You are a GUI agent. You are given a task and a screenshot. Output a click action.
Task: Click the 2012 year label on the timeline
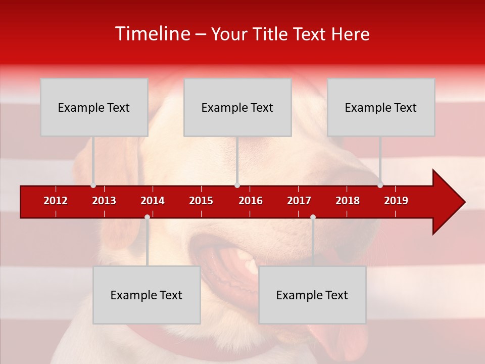pyautogui.click(x=56, y=201)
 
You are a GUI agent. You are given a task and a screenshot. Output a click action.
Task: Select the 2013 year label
pyautogui.click(x=104, y=201)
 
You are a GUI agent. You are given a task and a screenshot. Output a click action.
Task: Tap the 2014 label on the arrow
pyautogui.click(x=153, y=201)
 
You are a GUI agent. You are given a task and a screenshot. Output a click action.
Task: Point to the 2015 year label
pyautogui.click(x=201, y=201)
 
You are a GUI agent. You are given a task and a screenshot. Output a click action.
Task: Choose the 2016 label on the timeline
pyautogui.click(x=251, y=201)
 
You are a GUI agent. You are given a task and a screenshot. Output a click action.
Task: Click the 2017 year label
pyautogui.click(x=299, y=201)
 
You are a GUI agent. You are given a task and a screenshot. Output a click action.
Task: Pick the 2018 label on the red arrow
pyautogui.click(x=348, y=201)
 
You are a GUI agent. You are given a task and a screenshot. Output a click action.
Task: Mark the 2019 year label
pyautogui.click(x=396, y=201)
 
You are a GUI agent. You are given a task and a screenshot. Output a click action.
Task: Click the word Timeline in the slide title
pyautogui.click(x=152, y=34)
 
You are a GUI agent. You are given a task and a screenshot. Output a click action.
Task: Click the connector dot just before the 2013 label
pyautogui.click(x=93, y=185)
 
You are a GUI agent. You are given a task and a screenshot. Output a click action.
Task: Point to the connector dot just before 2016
pyautogui.click(x=237, y=185)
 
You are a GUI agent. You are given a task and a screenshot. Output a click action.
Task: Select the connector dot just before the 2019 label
pyautogui.click(x=380, y=185)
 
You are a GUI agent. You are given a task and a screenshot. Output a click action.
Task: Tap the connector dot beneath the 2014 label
pyautogui.click(x=147, y=217)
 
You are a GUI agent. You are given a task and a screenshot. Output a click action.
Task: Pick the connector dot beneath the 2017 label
pyautogui.click(x=313, y=217)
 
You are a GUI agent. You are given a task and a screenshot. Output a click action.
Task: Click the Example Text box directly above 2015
pyautogui.click(x=237, y=107)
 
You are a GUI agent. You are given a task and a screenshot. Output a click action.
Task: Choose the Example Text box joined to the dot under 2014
pyautogui.click(x=147, y=295)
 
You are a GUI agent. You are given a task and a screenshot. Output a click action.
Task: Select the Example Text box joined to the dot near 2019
pyautogui.click(x=381, y=107)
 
